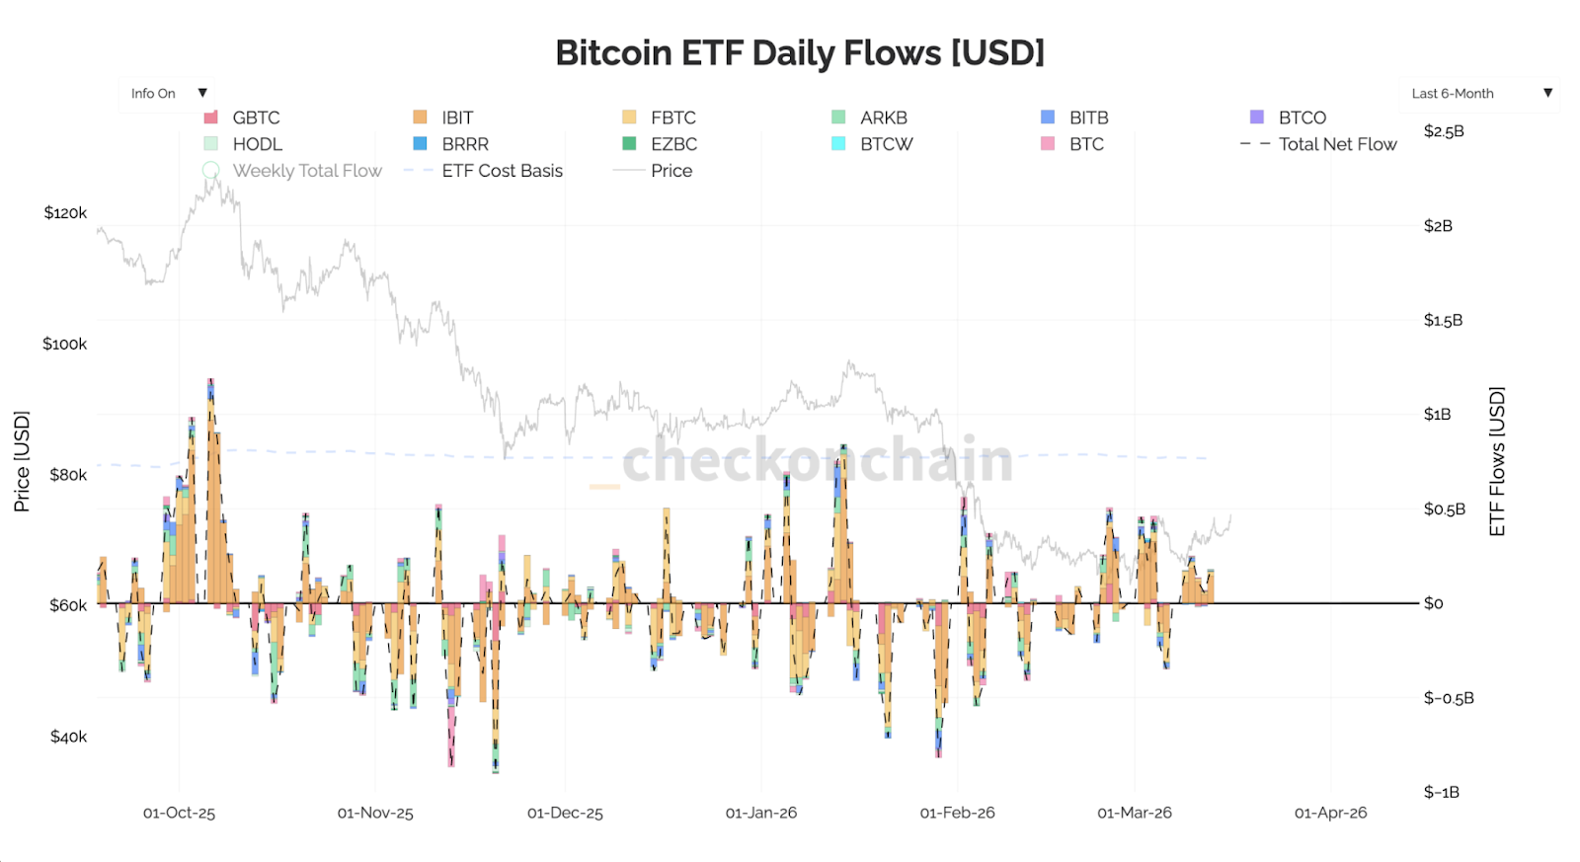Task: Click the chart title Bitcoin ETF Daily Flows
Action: pyautogui.click(x=799, y=53)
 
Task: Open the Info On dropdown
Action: pyautogui.click(x=166, y=94)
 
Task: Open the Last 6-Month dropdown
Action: pyautogui.click(x=1478, y=94)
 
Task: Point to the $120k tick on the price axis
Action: pyautogui.click(x=65, y=213)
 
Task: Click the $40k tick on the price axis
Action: pyautogui.click(x=68, y=737)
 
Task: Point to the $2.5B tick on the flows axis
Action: pyautogui.click(x=1444, y=131)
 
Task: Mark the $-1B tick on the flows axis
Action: pyautogui.click(x=1442, y=792)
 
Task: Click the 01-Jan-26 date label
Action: pyautogui.click(x=761, y=813)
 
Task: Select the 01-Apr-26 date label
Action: pyautogui.click(x=1330, y=813)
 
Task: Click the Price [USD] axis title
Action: pyautogui.click(x=22, y=461)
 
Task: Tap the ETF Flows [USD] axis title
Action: pyautogui.click(x=1497, y=461)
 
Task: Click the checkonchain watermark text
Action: pyautogui.click(x=818, y=460)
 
